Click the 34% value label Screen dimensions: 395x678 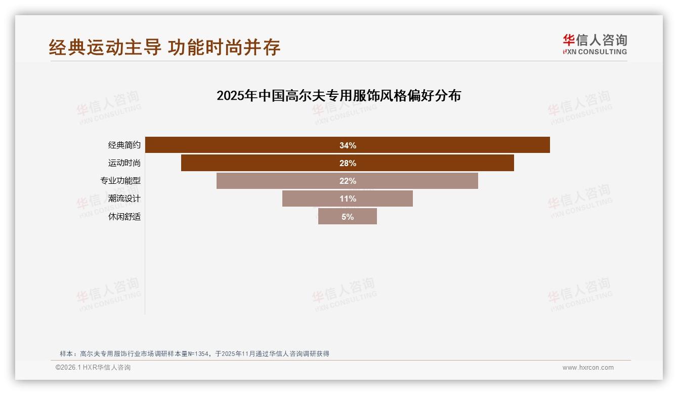(348, 145)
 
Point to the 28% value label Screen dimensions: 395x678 (348, 163)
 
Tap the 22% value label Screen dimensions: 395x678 (348, 181)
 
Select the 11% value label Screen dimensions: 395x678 (348, 199)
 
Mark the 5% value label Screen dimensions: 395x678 (348, 217)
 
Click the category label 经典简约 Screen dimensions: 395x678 (124, 145)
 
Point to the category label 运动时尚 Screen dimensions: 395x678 (124, 163)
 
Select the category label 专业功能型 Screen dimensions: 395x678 (120, 181)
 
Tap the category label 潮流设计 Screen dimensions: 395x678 (124, 199)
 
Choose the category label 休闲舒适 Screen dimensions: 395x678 (124, 217)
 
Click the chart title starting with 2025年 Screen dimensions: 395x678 (338, 96)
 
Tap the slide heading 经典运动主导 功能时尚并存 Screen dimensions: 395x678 (164, 47)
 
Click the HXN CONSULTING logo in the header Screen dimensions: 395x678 (595, 45)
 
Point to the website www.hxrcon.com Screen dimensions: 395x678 (588, 368)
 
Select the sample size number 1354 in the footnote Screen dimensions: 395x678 (201, 354)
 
